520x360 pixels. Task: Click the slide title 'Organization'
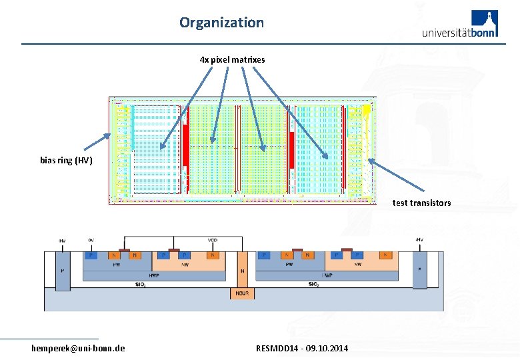pos(221,22)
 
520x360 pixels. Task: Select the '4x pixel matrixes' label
pos(232,59)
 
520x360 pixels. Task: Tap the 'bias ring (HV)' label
pos(66,160)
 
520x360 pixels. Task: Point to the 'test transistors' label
pos(421,203)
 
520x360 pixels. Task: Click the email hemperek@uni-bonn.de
pos(78,348)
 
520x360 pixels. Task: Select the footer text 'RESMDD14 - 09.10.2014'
pos(301,348)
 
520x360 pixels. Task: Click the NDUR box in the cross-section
pos(241,293)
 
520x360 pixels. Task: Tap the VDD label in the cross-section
pos(213,241)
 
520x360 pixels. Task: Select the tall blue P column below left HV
pos(63,272)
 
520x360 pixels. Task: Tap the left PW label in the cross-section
pos(117,264)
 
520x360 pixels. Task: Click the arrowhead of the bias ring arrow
pos(108,136)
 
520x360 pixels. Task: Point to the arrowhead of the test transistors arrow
pos(371,160)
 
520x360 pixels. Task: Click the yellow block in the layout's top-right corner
pos(366,108)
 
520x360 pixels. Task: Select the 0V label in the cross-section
pos(91,241)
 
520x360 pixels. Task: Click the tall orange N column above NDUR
pos(241,270)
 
